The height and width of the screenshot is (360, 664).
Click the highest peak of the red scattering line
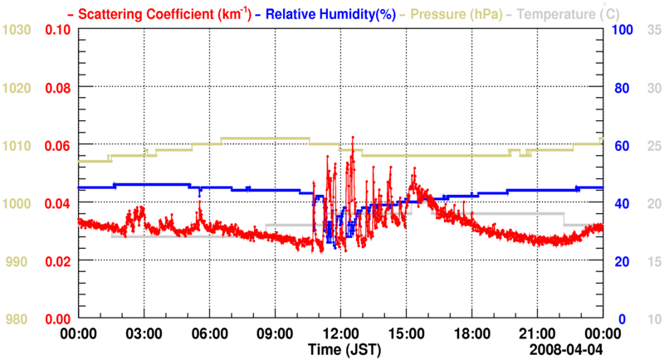click(x=353, y=137)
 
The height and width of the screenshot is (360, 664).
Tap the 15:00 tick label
click(x=406, y=333)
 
